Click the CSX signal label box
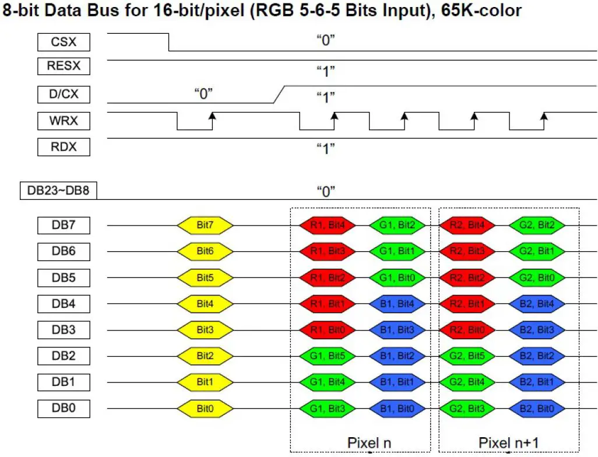click(x=64, y=43)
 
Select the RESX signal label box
click(x=64, y=66)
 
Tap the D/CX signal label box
click(x=64, y=94)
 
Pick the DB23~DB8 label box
click(x=59, y=190)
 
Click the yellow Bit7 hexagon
click(x=205, y=224)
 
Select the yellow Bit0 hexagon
click(x=205, y=409)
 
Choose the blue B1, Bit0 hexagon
click(x=396, y=409)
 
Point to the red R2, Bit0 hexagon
click(x=466, y=330)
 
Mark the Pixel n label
click(x=370, y=442)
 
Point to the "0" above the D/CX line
click(x=203, y=93)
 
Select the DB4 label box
click(x=64, y=304)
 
